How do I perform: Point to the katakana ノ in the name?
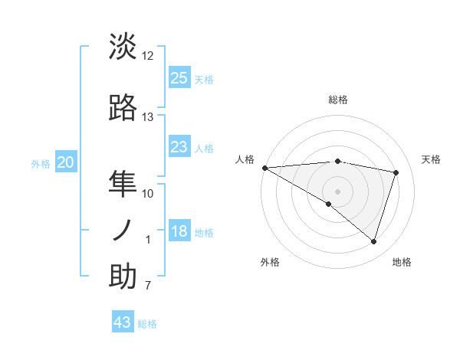(x=123, y=230)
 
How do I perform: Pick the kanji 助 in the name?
(x=123, y=277)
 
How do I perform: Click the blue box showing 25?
(x=179, y=78)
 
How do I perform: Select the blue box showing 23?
(x=179, y=147)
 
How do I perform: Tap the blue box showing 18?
(x=179, y=232)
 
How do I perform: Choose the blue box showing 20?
(x=66, y=162)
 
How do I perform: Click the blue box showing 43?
(x=123, y=322)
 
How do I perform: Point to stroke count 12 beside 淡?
(x=148, y=56)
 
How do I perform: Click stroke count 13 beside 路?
(x=148, y=117)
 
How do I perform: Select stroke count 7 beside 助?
(x=148, y=286)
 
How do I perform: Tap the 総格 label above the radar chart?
(x=338, y=100)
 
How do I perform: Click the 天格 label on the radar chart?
(x=431, y=159)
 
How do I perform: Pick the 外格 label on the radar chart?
(x=270, y=262)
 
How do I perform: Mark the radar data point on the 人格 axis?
(x=264, y=167)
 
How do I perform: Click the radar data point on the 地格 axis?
(x=373, y=241)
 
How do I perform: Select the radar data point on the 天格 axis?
(x=396, y=172)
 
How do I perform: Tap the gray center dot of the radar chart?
(x=337, y=190)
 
